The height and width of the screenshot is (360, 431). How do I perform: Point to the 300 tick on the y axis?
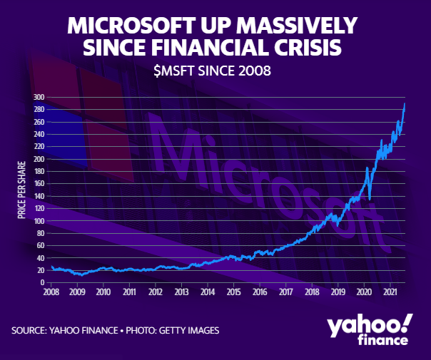(x=39, y=98)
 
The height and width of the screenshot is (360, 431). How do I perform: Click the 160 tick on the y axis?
(x=39, y=184)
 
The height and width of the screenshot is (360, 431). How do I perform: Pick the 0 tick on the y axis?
(x=43, y=282)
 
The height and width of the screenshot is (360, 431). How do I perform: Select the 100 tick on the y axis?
(x=39, y=221)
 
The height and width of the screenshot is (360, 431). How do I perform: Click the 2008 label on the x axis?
(x=51, y=292)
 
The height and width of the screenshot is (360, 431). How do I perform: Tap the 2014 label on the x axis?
(x=208, y=292)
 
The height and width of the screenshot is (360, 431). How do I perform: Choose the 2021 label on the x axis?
(x=390, y=292)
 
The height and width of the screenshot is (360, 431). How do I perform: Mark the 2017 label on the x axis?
(x=285, y=292)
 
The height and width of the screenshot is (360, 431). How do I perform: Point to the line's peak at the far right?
(x=405, y=104)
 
